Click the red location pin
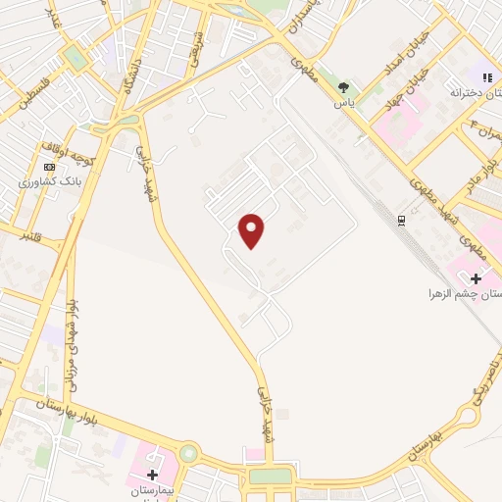click(x=252, y=230)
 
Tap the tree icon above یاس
click(x=355, y=86)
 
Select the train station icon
click(x=401, y=220)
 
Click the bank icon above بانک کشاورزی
click(x=49, y=167)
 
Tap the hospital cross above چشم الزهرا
click(x=476, y=279)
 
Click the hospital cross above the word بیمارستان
click(x=152, y=475)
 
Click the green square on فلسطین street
click(x=75, y=57)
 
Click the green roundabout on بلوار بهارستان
click(x=187, y=454)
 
